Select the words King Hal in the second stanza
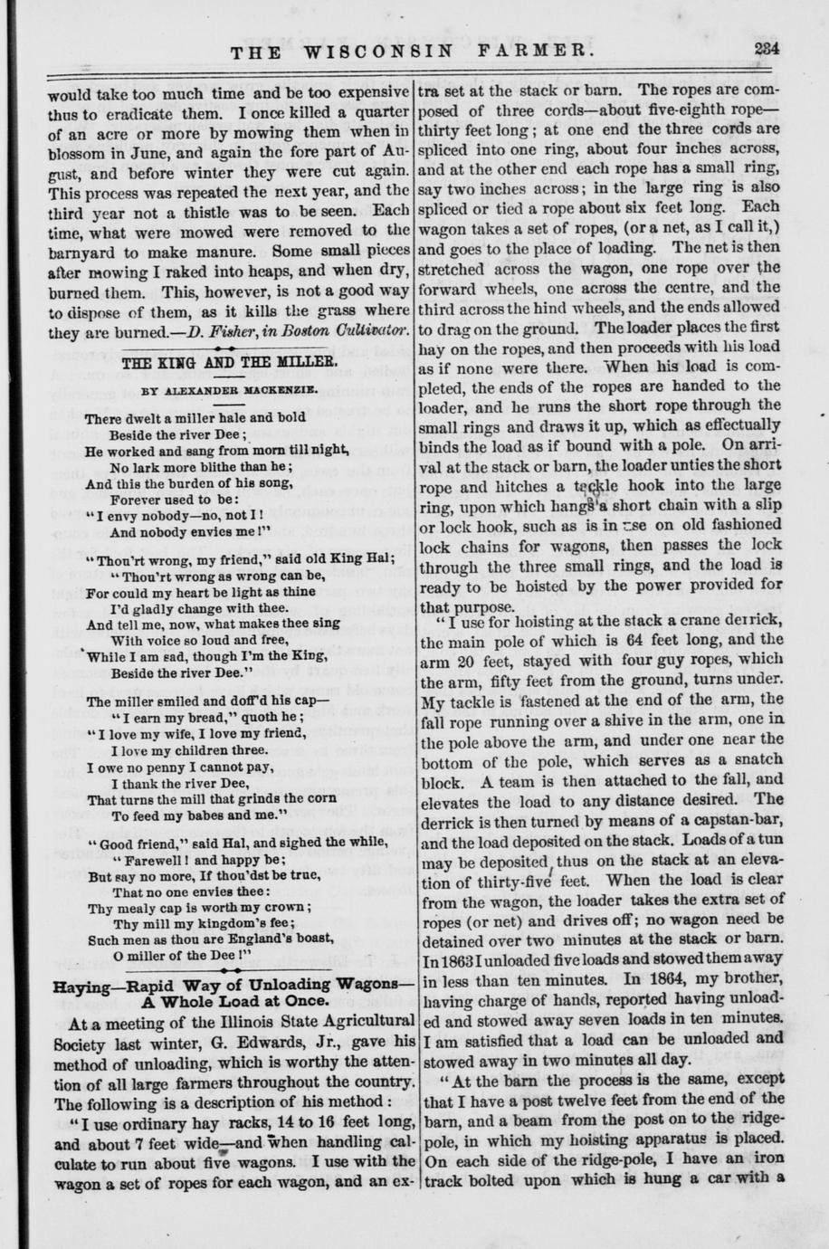tap(354, 558)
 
